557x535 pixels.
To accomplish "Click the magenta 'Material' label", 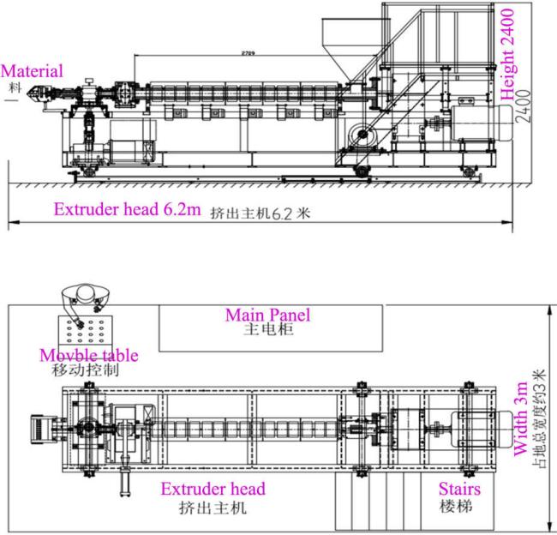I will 32,71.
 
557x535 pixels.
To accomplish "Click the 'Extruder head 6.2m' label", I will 128,209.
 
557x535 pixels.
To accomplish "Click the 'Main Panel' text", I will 267,315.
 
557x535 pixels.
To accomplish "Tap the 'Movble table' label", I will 89,355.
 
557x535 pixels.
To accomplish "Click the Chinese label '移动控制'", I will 89,370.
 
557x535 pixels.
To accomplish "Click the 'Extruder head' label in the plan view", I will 213,490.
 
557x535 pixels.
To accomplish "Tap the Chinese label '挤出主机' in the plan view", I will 213,507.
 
